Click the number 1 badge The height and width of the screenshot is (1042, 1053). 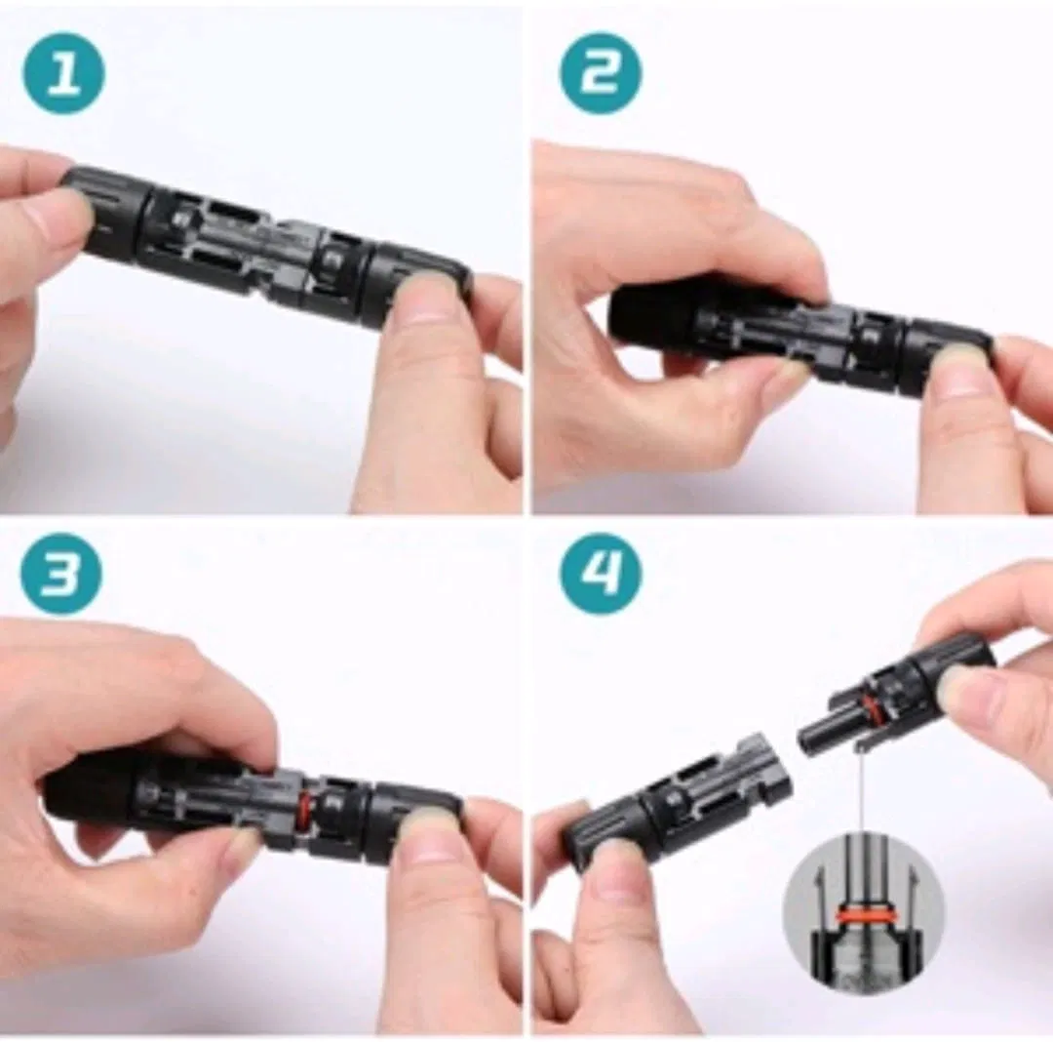[63, 74]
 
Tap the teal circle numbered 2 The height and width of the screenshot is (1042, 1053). [600, 74]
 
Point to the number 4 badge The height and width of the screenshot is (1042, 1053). [600, 573]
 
